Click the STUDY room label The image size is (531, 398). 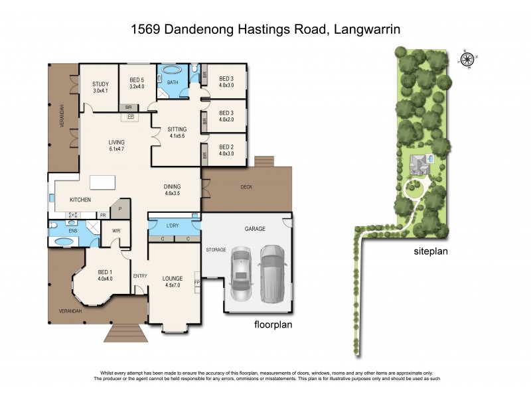point(100,84)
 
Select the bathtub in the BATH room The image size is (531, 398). point(171,70)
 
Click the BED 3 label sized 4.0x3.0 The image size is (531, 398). point(226,78)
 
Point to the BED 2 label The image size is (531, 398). point(227,147)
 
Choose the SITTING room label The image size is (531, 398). point(177,129)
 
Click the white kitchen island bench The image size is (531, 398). point(103,182)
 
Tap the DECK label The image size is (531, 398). point(246,187)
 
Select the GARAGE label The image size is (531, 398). point(255,229)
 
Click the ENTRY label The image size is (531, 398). point(139,276)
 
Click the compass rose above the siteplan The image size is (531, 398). point(468,59)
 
